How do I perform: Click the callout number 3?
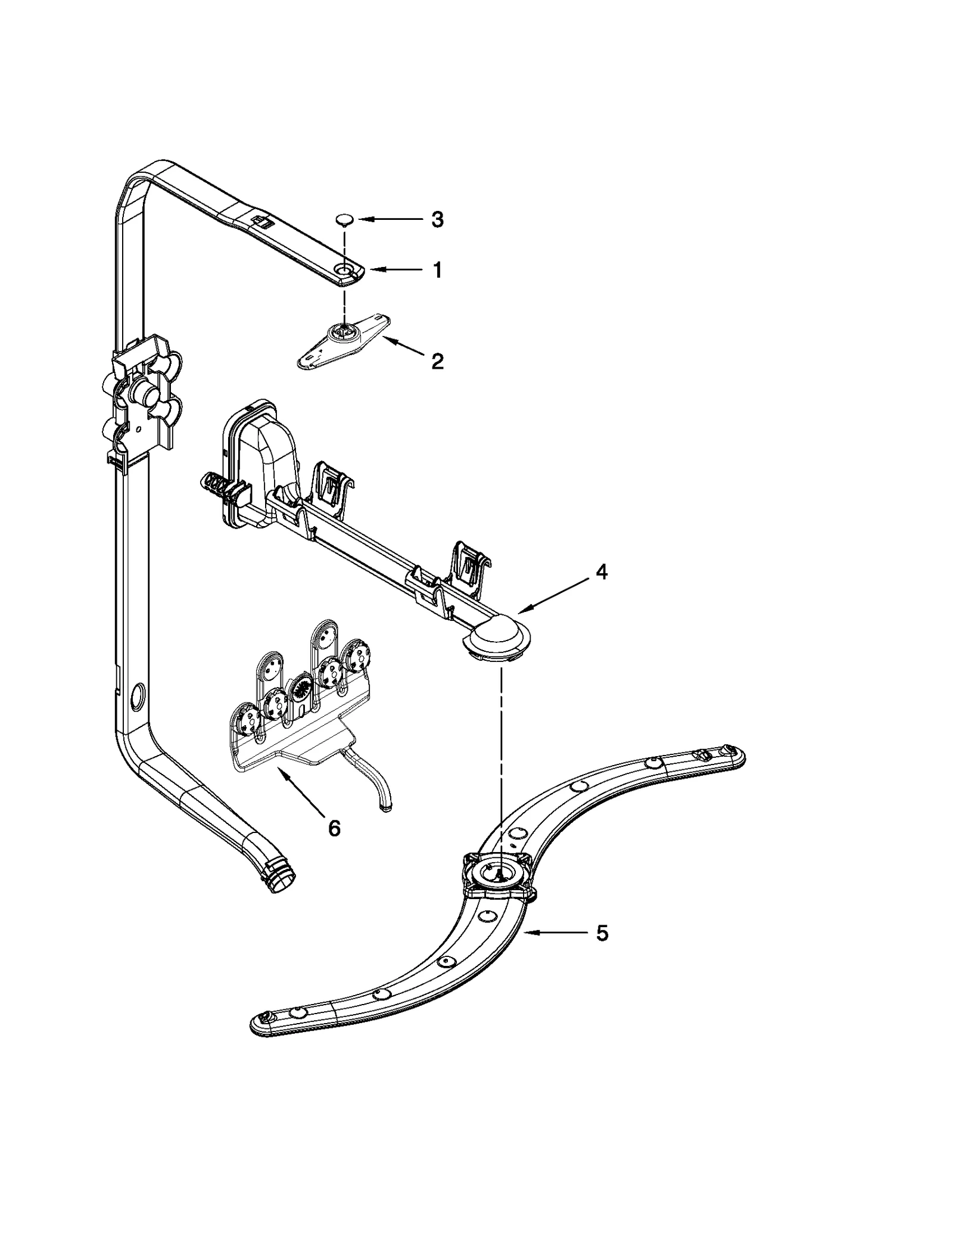click(437, 220)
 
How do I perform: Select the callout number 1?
click(438, 271)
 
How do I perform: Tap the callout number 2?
click(438, 361)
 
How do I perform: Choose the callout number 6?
click(334, 828)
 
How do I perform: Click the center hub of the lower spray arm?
click(499, 875)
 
